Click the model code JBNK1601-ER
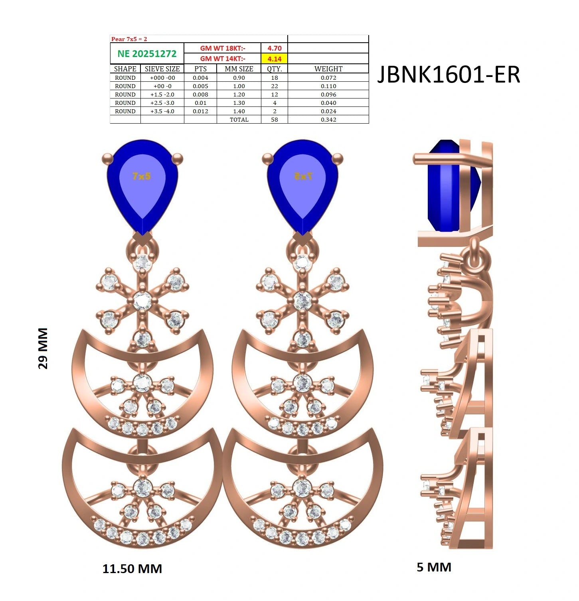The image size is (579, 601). pos(449,74)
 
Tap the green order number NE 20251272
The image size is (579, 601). pos(147,53)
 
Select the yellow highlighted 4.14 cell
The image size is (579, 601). pos(275,59)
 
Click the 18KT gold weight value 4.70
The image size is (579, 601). pos(275,48)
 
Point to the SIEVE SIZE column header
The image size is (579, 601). pos(162,69)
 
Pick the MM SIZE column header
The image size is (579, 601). pos(239,69)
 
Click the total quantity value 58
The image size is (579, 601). pos(275,120)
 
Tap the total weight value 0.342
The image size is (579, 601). pos(328,120)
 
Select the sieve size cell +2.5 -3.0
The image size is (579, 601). pos(162,103)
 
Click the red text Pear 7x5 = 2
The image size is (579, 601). pos(129,39)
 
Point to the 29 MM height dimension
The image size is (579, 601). pos(43,349)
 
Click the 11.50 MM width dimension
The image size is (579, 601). pos(132,569)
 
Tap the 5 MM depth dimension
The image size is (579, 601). pos(434,567)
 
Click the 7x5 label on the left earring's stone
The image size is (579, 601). pos(142,176)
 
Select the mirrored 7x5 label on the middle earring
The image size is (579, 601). pos(303,176)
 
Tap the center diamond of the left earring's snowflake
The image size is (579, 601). pos(142,301)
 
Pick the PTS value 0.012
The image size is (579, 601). pos(200,111)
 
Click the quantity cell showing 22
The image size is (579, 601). pos(275,86)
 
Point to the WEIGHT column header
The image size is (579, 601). pos(328,69)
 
